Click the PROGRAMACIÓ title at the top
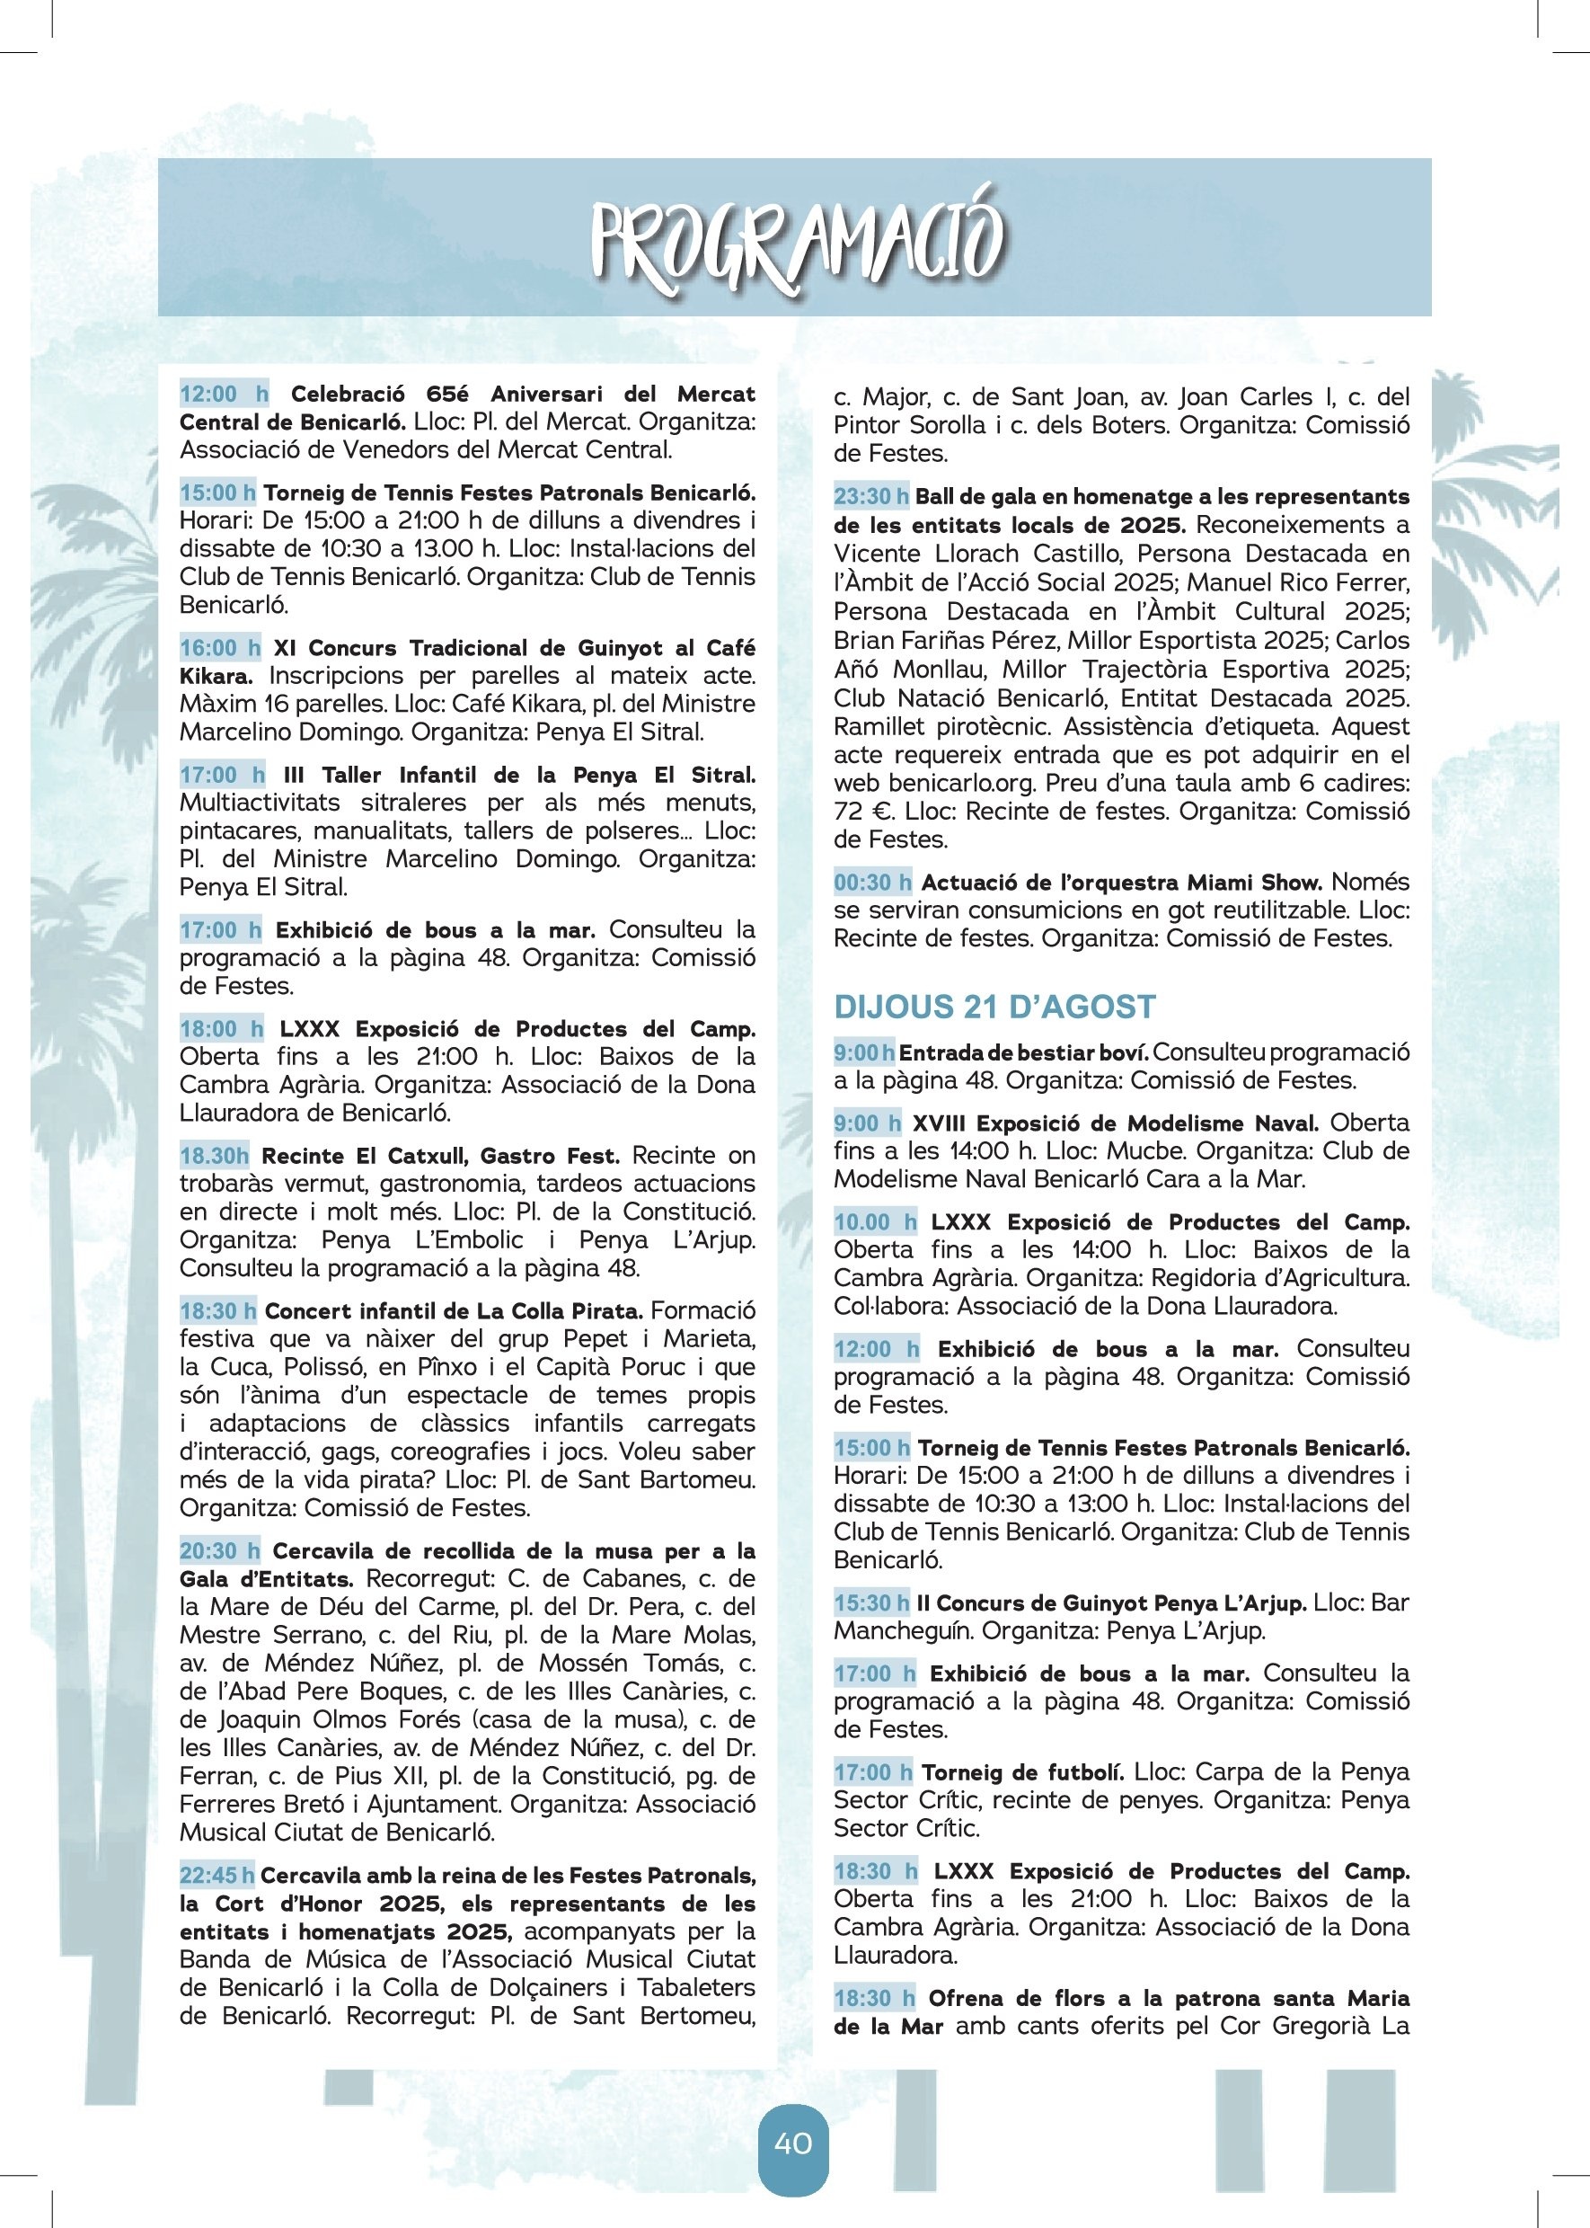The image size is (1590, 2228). pyautogui.click(x=794, y=240)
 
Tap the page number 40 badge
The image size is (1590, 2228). pyautogui.click(x=793, y=2144)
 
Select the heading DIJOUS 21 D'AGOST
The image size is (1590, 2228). pyautogui.click(x=994, y=1006)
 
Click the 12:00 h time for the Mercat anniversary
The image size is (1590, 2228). pyautogui.click(x=223, y=394)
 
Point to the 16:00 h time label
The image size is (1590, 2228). pyautogui.click(x=220, y=647)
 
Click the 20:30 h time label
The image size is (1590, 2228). pyautogui.click(x=219, y=1550)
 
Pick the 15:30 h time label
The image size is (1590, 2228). pyautogui.click(x=871, y=1603)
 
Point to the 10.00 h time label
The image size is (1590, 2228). pyautogui.click(x=875, y=1221)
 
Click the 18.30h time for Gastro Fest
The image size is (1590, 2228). pyautogui.click(x=215, y=1156)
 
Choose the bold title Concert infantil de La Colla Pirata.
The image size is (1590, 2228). pyautogui.click(x=454, y=1310)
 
